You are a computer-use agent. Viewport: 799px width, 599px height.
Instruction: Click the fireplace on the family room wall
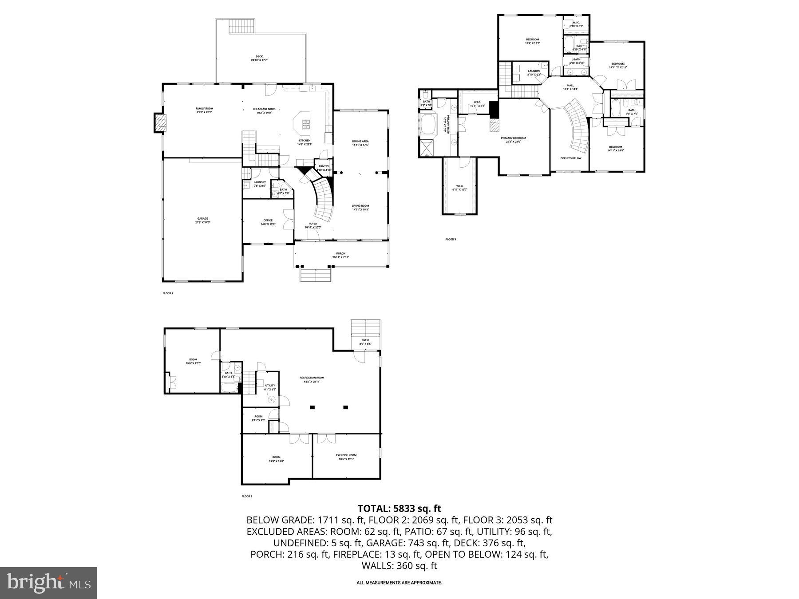tap(160, 122)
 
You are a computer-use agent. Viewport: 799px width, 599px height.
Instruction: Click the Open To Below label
tap(570, 158)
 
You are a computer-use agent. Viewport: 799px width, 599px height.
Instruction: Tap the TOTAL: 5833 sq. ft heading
tap(399, 508)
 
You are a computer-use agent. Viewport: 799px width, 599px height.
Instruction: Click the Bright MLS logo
tap(48, 583)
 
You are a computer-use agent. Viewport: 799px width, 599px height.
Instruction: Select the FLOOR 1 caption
tap(247, 496)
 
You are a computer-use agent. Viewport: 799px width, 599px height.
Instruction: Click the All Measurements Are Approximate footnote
tap(399, 583)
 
